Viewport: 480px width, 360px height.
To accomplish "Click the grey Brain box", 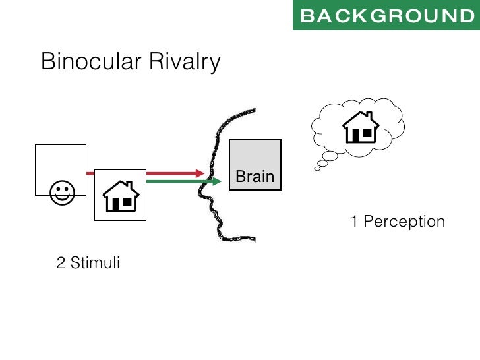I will point(255,165).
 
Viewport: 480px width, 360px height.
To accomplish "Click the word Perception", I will point(404,222).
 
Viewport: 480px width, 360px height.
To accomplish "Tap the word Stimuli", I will point(96,264).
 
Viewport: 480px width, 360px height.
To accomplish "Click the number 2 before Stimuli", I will point(61,264).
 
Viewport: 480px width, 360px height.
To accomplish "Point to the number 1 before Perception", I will point(354,222).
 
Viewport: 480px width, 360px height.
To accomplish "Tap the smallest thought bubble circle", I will point(317,169).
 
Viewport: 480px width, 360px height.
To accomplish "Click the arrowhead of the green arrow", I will point(217,180).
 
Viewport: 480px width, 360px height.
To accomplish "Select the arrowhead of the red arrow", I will point(200,173).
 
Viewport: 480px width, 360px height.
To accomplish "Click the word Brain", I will point(255,177).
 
